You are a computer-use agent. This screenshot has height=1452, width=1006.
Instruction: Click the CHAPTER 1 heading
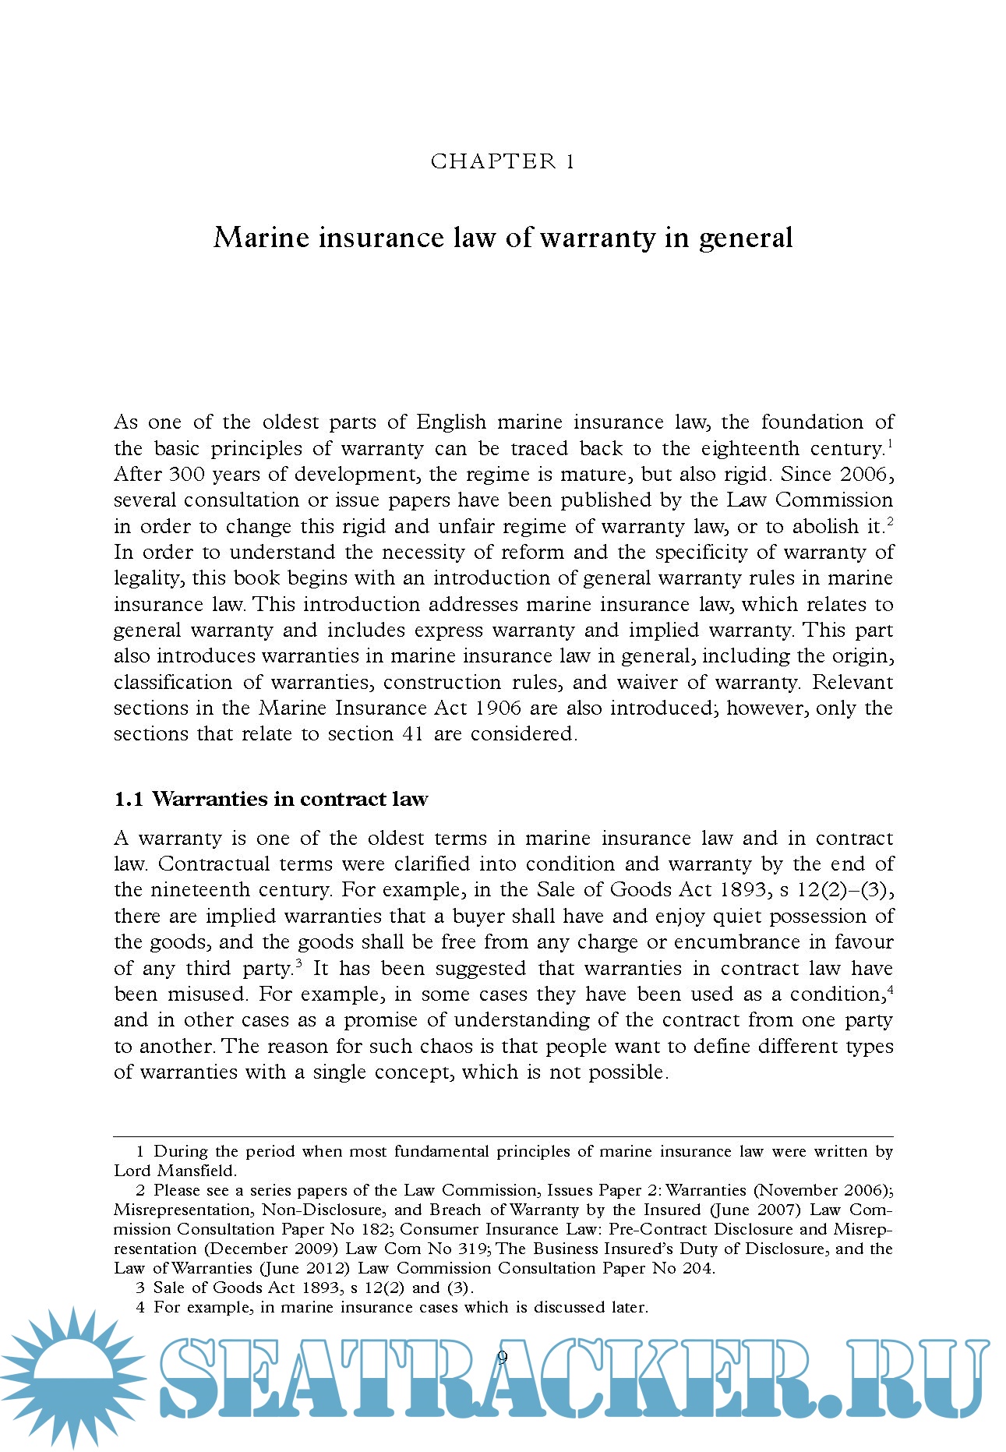click(x=503, y=161)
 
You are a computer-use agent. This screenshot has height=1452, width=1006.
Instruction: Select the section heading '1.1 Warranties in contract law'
click(x=270, y=799)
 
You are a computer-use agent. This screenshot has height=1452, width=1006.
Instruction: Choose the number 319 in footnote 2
click(x=471, y=1249)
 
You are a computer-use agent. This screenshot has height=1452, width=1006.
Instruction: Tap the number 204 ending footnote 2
click(x=696, y=1268)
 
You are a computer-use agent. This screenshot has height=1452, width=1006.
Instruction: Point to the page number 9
click(x=503, y=1357)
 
